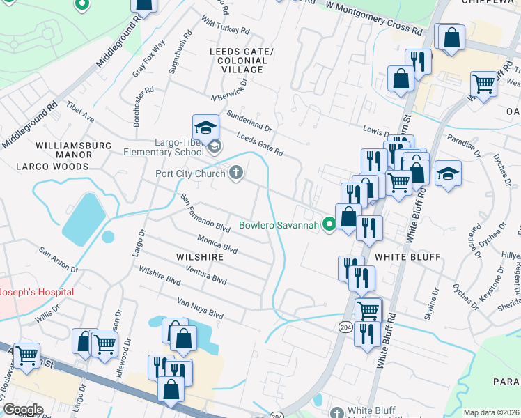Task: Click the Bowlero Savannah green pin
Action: click(329, 224)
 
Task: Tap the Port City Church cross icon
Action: click(236, 173)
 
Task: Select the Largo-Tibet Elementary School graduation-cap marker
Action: click(205, 127)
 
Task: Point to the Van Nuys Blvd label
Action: click(200, 307)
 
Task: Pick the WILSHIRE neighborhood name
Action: click(200, 257)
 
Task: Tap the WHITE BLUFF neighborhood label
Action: click(407, 257)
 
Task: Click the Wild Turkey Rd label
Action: click(225, 26)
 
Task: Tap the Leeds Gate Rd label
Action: click(260, 144)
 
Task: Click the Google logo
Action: click(22, 410)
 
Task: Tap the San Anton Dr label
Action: click(59, 259)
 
